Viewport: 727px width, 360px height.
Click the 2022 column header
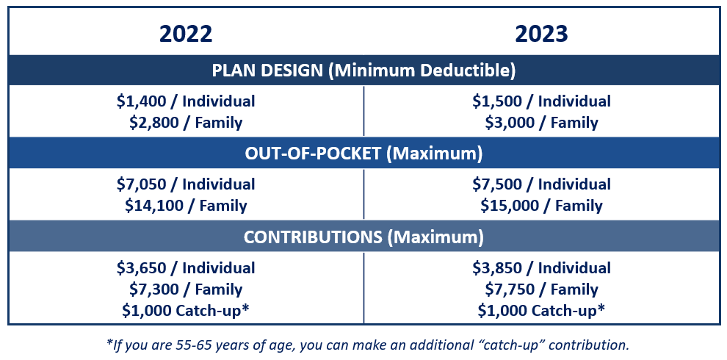pyautogui.click(x=186, y=35)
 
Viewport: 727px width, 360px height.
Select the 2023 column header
pyautogui.click(x=541, y=35)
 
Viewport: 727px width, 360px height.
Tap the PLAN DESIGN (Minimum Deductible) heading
pyautogui.click(x=363, y=70)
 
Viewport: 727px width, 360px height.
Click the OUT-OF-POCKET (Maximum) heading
pyautogui.click(x=363, y=154)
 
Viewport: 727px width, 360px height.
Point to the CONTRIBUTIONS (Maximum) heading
pyautogui.click(x=363, y=237)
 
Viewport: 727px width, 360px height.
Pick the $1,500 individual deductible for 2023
pyautogui.click(x=498, y=101)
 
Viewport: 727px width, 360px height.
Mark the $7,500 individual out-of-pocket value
pyautogui.click(x=498, y=184)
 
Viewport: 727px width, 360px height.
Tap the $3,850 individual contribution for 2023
pyautogui.click(x=498, y=268)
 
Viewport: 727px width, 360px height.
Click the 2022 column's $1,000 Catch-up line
pyautogui.click(x=186, y=310)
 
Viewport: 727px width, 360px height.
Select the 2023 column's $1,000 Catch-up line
pyautogui.click(x=541, y=310)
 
